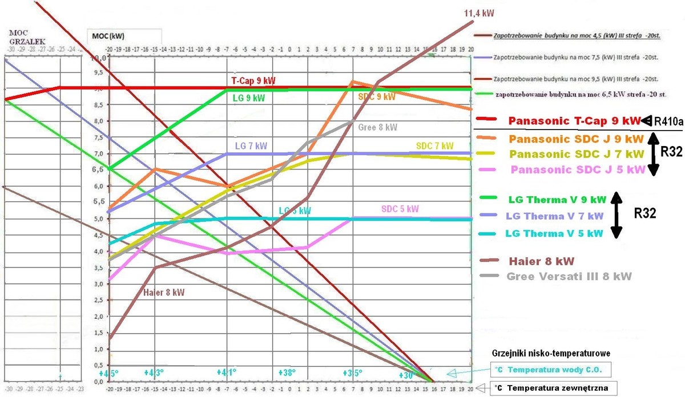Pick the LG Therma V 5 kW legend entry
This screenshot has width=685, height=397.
(554, 233)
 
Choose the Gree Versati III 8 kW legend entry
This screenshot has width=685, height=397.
(569, 276)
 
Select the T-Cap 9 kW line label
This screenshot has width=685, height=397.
(253, 81)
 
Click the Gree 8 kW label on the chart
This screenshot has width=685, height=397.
(378, 127)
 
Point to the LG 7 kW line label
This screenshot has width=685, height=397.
(251, 146)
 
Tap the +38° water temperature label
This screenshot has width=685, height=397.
(288, 372)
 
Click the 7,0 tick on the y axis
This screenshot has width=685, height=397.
(99, 154)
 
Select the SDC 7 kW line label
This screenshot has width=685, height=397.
(434, 147)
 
